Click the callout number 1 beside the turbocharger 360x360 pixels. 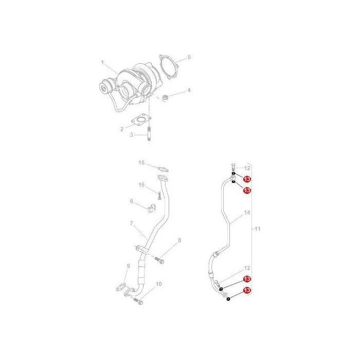point(103,62)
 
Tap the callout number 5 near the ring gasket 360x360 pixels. point(189,57)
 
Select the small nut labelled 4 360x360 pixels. point(165,98)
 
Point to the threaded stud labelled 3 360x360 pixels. point(149,134)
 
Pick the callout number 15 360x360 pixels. point(141,163)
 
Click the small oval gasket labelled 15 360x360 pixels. point(163,170)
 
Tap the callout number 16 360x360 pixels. point(141,185)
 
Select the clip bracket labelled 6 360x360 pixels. point(151,208)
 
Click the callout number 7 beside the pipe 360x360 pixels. point(131,223)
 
